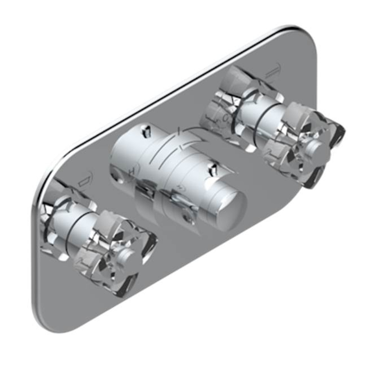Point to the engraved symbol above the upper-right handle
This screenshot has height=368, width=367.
coord(274,68)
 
